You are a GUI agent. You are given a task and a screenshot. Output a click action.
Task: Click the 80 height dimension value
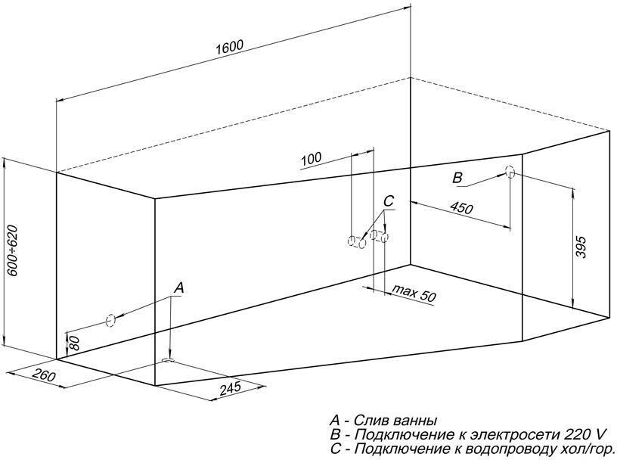tap(74, 343)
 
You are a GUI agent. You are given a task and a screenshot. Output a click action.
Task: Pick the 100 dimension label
tap(311, 158)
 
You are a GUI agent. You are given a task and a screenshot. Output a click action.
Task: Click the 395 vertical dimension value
tap(581, 247)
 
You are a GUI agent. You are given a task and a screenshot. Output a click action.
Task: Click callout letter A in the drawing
tap(178, 287)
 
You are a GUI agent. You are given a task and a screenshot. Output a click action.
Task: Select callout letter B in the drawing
tap(457, 178)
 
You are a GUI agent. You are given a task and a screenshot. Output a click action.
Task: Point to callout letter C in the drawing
tap(388, 201)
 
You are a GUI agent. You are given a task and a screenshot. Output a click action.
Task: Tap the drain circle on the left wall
tap(110, 320)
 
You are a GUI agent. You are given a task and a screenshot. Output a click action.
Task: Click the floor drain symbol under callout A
tap(169, 361)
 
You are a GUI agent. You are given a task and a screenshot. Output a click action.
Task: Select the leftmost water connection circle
tap(351, 242)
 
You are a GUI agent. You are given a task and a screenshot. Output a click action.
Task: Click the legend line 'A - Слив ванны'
tap(383, 421)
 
